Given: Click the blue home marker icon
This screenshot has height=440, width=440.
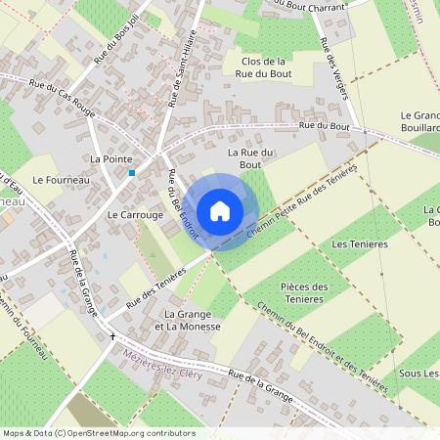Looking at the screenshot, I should click(220, 210).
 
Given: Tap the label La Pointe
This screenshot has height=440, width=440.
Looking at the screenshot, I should click(110, 157).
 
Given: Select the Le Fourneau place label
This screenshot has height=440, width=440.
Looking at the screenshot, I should click(62, 180).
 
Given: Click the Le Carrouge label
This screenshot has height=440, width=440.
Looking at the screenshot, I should click(128, 213).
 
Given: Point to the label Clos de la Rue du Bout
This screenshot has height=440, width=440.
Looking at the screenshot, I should click(261, 67).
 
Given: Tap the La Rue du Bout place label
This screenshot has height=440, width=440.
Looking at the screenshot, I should click(249, 159).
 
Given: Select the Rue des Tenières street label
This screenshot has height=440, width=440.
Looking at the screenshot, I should click(155, 288).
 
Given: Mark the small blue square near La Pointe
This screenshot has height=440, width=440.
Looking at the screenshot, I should click(132, 173).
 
